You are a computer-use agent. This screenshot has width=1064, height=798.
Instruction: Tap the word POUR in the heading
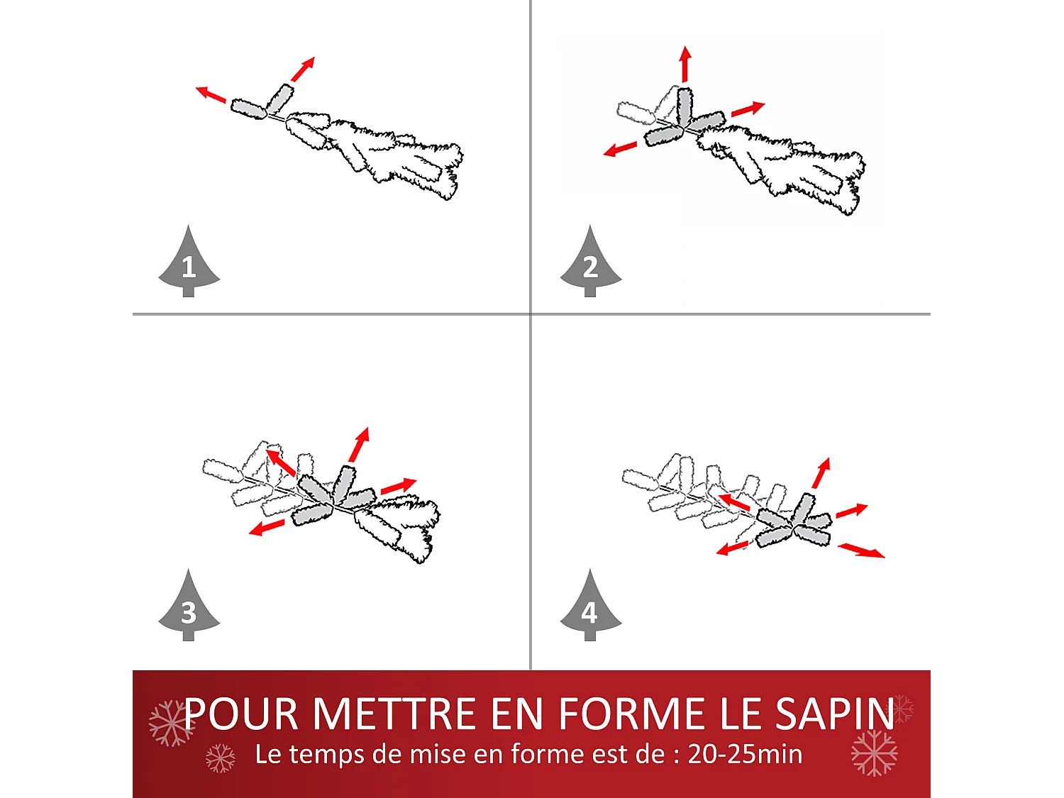point(241,714)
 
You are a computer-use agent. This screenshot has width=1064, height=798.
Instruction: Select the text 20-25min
point(745,754)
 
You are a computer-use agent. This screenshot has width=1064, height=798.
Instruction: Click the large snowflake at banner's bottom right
point(874,753)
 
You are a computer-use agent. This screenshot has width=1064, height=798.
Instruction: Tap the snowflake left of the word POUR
point(169,723)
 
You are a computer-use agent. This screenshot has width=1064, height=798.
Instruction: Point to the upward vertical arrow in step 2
point(685,65)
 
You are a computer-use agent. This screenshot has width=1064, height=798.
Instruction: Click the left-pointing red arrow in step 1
point(211,94)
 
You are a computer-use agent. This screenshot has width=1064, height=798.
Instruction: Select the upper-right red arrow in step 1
point(303,70)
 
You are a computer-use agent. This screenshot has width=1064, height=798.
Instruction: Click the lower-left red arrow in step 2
point(620,149)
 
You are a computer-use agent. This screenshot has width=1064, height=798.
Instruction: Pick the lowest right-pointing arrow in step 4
point(861,550)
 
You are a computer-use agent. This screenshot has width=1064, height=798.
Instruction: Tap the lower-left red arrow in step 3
point(266,528)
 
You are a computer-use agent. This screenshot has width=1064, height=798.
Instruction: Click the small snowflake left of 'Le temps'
point(220,758)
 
